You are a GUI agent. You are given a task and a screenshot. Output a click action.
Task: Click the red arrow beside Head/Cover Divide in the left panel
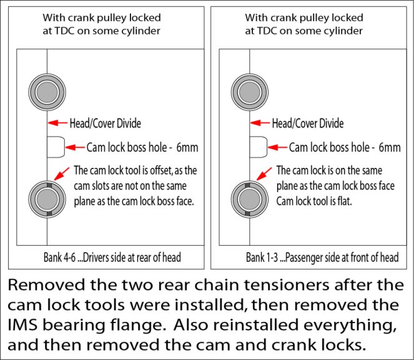tap(58, 123)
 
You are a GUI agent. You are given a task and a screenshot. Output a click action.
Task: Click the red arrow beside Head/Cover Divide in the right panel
tap(260, 123)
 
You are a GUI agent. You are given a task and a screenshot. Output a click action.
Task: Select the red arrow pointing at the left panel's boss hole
tap(76, 147)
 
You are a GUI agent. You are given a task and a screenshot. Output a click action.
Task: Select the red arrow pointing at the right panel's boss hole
tap(277, 147)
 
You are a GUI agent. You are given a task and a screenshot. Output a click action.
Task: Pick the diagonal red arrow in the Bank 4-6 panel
tap(62, 174)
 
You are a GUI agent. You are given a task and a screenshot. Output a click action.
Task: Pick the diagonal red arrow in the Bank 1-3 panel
tap(264, 174)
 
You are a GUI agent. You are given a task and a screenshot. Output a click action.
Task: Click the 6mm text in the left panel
tap(187, 147)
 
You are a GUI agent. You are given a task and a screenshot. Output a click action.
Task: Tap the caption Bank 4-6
tap(60, 258)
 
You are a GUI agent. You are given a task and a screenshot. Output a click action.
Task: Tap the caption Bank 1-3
tap(262, 258)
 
